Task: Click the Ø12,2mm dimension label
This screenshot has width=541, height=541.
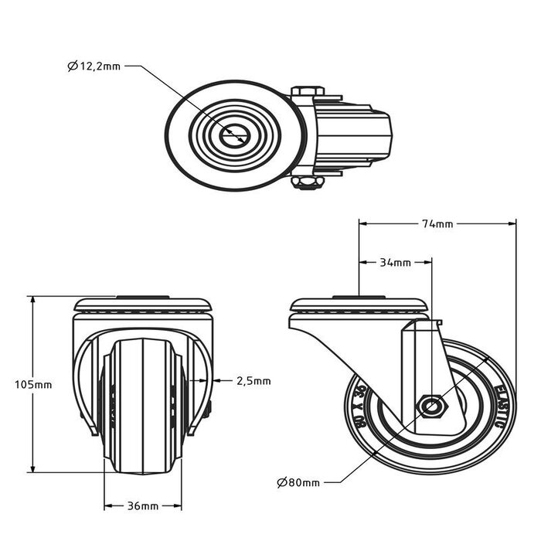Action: coord(94,67)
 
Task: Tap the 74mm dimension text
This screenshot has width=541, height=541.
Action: coord(437,224)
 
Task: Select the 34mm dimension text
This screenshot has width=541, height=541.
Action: coord(395,263)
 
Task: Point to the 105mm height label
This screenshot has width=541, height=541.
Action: coord(33,384)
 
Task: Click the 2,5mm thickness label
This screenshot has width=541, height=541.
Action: coord(253,380)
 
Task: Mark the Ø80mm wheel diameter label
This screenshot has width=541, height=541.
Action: coord(298,483)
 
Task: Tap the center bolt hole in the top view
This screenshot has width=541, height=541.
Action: coord(233,136)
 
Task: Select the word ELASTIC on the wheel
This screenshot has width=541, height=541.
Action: coord(503,402)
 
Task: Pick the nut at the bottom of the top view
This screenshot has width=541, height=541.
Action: coord(307,182)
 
